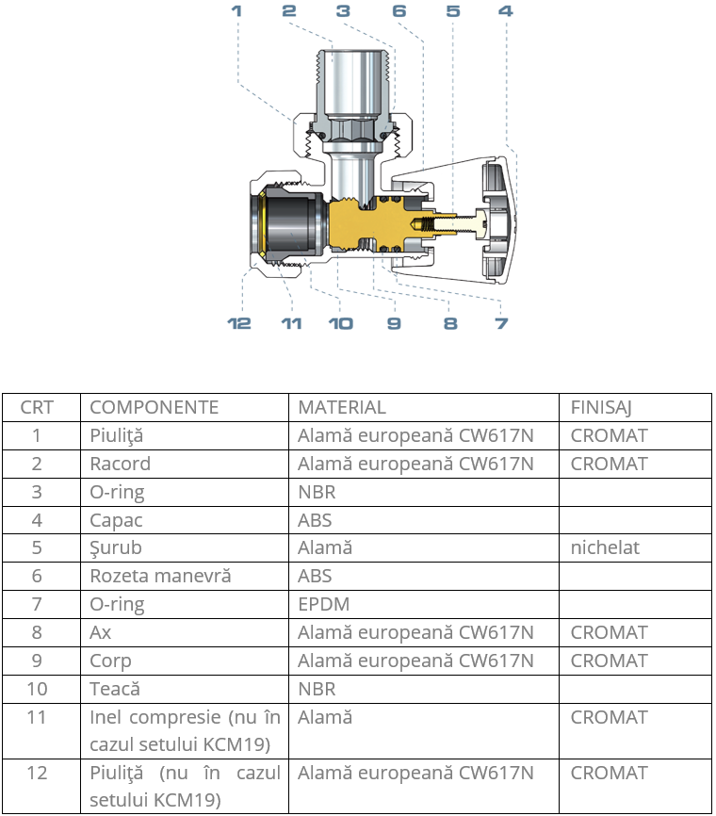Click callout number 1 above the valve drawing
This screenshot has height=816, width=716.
236,11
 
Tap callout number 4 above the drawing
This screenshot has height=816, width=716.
506,11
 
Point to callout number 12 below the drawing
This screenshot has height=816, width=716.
239,323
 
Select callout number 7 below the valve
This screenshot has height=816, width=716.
501,323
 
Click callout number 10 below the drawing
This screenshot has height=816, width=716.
340,323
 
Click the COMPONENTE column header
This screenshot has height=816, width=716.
154,407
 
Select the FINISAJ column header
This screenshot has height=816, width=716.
600,407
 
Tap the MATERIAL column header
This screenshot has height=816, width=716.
341,407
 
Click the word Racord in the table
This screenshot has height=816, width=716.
120,464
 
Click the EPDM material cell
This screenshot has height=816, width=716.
318,604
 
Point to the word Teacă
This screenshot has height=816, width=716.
115,689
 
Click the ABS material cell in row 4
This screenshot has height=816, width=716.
315,520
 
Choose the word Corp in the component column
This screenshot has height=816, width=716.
110,661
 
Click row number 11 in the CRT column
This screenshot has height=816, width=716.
37,717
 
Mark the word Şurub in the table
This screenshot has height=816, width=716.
116,548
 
